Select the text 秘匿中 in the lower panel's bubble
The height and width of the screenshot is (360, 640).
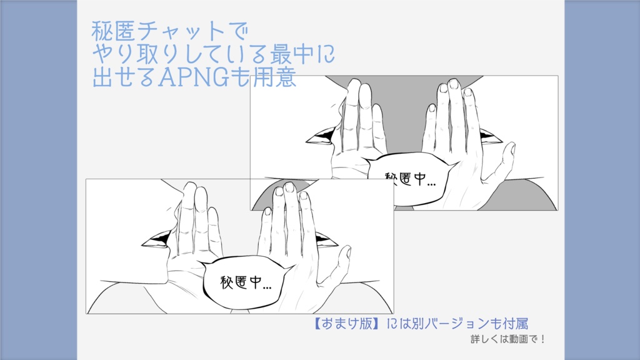click(x=240, y=282)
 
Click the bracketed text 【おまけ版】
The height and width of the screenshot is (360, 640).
click(x=345, y=324)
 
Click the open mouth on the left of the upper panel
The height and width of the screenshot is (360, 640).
click(x=320, y=136)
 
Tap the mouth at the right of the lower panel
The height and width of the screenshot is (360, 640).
click(x=326, y=239)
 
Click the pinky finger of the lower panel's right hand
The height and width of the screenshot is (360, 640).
click(x=266, y=221)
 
